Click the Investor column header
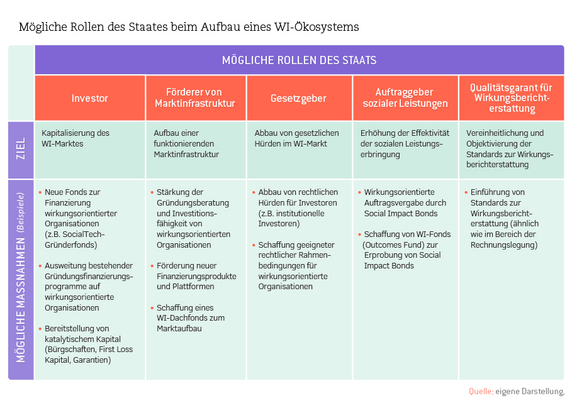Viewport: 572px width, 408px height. click(90, 98)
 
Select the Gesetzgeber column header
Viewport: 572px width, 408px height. click(299, 98)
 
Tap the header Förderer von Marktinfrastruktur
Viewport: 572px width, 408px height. click(196, 98)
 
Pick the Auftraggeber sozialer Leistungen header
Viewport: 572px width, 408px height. click(405, 98)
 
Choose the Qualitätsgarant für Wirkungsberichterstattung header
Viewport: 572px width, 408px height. click(512, 98)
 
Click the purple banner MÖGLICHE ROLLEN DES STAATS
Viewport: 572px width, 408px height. click(300, 60)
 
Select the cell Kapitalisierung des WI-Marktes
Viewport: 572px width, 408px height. click(76, 138)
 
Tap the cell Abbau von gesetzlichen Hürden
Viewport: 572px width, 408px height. click(296, 138)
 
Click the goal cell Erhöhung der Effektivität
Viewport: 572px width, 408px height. click(405, 143)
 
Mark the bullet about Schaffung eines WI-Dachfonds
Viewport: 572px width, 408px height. click(188, 318)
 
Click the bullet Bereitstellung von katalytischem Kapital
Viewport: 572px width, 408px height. click(86, 345)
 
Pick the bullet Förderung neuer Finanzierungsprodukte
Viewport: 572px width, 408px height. click(194, 276)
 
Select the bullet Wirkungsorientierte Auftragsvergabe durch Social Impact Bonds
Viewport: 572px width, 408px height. click(402, 202)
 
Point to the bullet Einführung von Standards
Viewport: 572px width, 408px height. click(502, 218)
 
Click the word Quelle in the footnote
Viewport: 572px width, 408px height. click(481, 392)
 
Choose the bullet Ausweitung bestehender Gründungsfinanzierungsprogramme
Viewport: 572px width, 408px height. click(86, 287)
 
